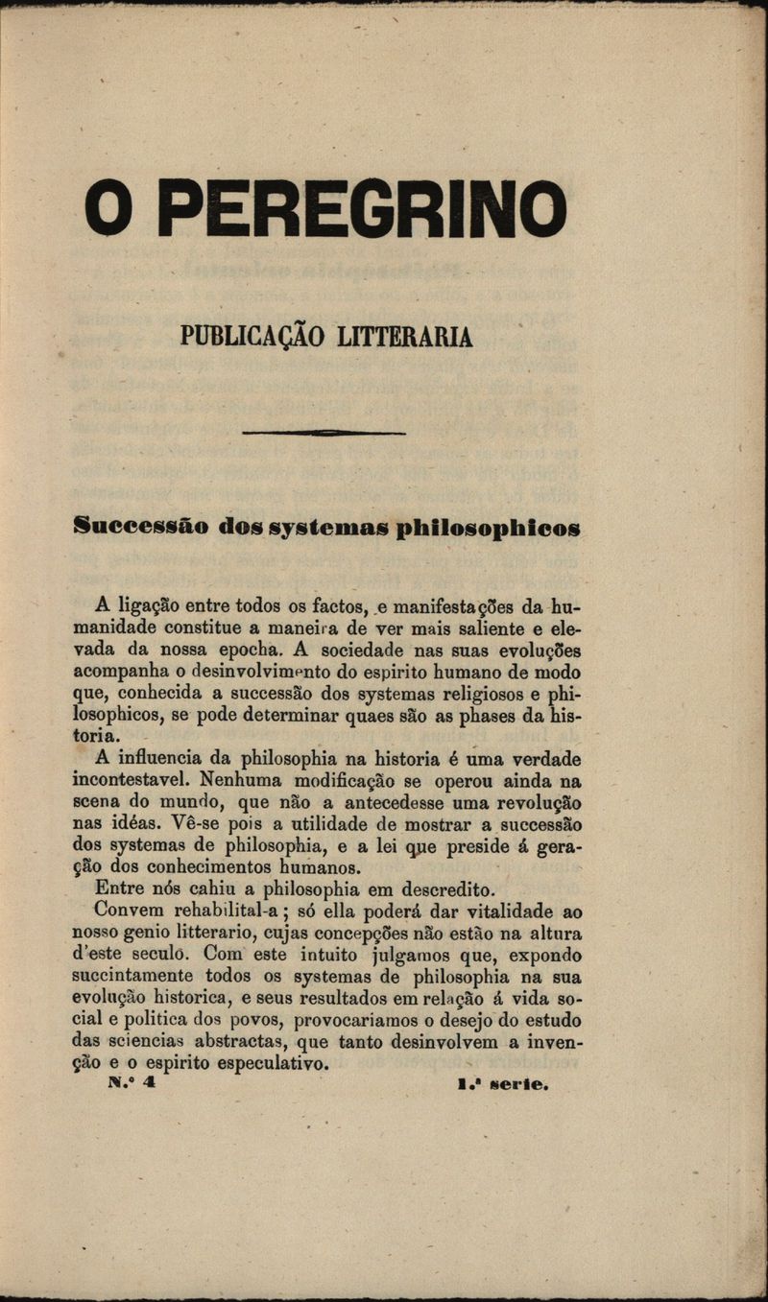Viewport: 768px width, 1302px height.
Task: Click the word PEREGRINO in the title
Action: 362,208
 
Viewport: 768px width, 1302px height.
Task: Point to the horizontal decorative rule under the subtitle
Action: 324,434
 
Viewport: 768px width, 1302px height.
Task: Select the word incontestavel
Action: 131,781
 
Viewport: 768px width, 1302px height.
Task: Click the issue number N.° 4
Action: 131,1084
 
